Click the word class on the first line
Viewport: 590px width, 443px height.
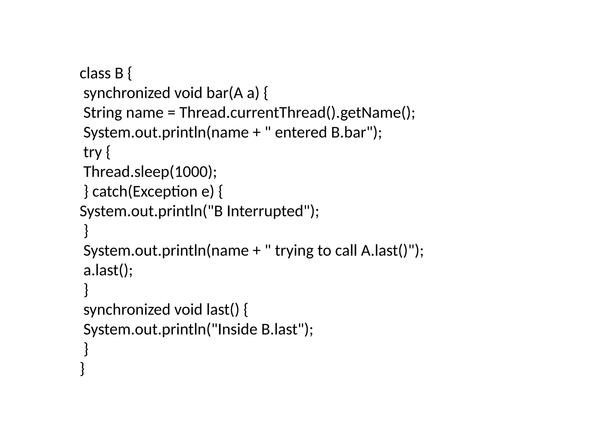pos(95,74)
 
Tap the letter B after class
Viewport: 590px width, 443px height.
pos(119,74)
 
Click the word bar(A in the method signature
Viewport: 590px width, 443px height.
pos(223,93)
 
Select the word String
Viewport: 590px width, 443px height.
pos(103,113)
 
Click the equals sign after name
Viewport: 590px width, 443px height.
pos(171,113)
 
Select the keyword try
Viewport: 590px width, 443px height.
pos(92,152)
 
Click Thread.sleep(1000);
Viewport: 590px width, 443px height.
pos(150,172)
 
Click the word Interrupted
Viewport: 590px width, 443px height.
pos(265,211)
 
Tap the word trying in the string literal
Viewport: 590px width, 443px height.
pos(294,251)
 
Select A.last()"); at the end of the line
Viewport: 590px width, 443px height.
pos(392,251)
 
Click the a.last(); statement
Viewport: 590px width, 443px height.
pos(108,271)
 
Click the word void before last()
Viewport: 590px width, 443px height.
pos(188,310)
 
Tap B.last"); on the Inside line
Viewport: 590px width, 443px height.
pos(287,329)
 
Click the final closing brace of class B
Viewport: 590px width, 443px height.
pos(82,369)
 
